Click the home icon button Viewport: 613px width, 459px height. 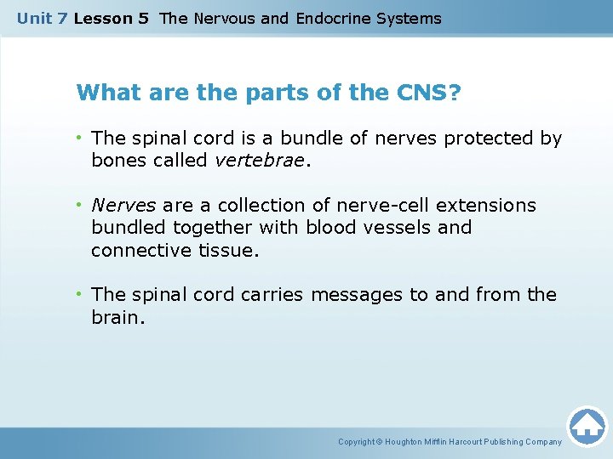(x=587, y=426)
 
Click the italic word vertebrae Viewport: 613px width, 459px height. (x=265, y=161)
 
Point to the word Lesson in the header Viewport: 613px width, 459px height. (x=100, y=18)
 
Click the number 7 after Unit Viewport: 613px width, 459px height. (x=62, y=18)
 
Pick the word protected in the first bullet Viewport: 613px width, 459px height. (x=480, y=138)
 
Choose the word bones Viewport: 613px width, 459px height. (x=117, y=161)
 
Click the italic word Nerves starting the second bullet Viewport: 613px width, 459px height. (x=123, y=206)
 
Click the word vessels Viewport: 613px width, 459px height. (x=405, y=228)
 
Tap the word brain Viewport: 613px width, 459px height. (x=116, y=317)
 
